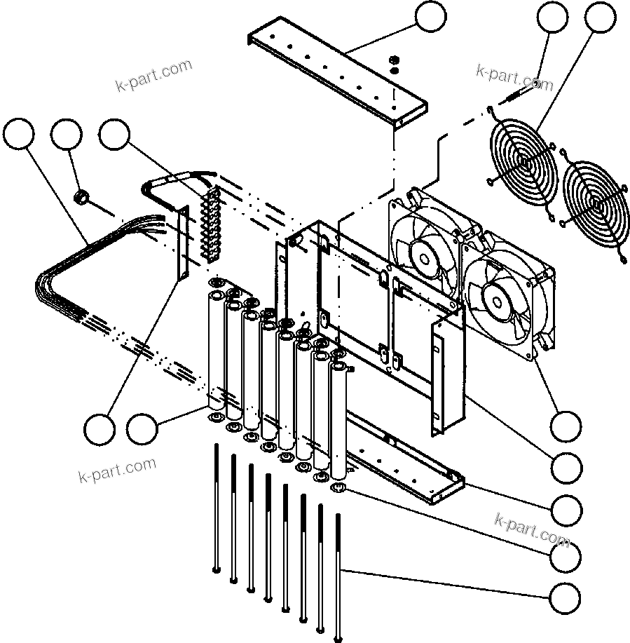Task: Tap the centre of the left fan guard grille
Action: coord(523,162)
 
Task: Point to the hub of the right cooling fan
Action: coord(499,301)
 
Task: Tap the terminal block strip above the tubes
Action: coord(209,223)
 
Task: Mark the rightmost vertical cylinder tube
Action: coord(339,421)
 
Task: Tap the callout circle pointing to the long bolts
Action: coord(565,599)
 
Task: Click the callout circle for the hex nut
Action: coord(67,135)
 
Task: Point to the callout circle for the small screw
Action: coord(553,17)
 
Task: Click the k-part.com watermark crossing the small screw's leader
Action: coord(514,78)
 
